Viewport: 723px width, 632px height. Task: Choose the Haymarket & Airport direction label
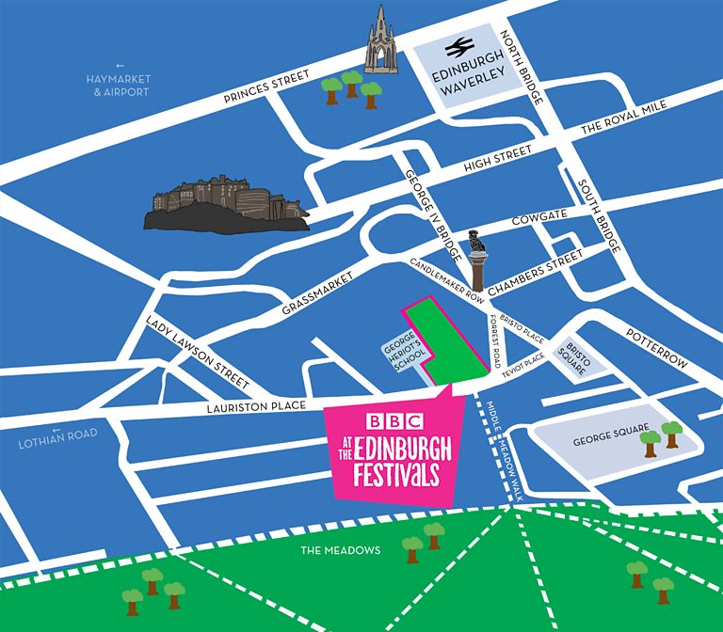click(x=114, y=86)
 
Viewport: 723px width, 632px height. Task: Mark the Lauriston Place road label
click(x=256, y=406)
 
